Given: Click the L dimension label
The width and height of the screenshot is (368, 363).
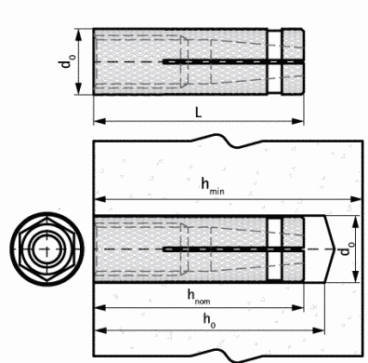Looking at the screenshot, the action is [x=198, y=112].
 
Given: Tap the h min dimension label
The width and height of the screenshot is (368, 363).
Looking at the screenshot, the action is [x=213, y=186].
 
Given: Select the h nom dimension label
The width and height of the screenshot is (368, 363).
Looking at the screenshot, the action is [x=199, y=297].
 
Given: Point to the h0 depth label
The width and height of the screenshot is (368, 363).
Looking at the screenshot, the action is [x=209, y=320].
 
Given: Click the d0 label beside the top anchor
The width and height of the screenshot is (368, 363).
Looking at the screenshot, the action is [x=67, y=60].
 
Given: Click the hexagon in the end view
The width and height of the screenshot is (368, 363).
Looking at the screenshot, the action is [x=46, y=249].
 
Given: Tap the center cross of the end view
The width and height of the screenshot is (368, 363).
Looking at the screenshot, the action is [x=46, y=249].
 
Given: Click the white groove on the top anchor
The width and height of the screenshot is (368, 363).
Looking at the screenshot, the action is [x=274, y=61].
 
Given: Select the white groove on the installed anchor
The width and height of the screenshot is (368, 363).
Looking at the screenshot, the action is [x=274, y=249].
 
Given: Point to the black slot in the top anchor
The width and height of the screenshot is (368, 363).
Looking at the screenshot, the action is [x=233, y=61].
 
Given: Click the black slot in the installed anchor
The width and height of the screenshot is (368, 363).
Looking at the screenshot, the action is [x=233, y=249].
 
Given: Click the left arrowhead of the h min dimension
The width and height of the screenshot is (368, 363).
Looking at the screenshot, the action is [x=100, y=199].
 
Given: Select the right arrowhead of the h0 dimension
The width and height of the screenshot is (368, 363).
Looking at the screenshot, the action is [x=318, y=330].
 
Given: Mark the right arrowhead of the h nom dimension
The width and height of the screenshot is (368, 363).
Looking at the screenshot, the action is [x=297, y=308].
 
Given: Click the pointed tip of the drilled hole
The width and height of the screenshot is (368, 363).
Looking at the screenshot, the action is [x=335, y=249].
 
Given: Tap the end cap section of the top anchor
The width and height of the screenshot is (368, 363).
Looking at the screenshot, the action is [x=293, y=61].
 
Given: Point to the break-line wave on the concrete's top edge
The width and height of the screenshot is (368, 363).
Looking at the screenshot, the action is [x=228, y=141].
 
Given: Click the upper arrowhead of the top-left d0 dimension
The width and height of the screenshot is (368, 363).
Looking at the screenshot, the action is [x=79, y=35].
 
